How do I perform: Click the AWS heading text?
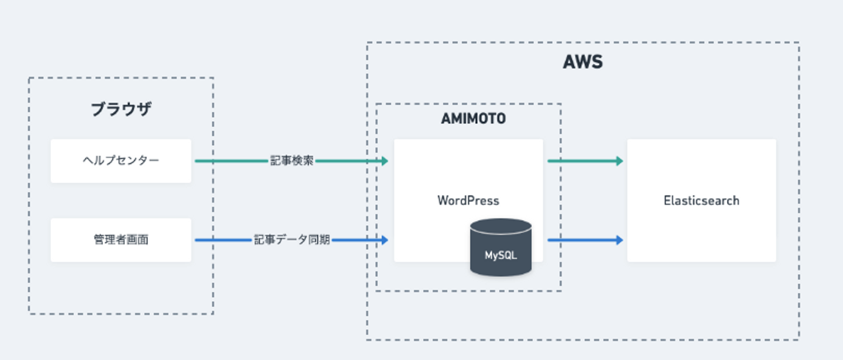pos(582,62)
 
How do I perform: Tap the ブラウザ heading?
pos(121,109)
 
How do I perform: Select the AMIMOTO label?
pos(473,119)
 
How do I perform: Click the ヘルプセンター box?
pos(121,160)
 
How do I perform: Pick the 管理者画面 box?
pos(121,239)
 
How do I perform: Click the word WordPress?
pos(468,201)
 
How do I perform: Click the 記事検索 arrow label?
pos(292,161)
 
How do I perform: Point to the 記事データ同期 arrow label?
pos(292,239)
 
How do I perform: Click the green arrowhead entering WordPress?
pos(385,161)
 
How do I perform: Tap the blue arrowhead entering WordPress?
pos(385,239)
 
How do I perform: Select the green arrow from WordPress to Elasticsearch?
pos(582,161)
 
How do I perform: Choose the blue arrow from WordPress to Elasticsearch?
pos(582,239)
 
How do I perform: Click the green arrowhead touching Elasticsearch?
pos(619,161)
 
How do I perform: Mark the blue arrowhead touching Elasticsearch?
pos(619,239)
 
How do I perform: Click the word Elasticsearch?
pos(701,201)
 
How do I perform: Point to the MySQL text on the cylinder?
pos(501,255)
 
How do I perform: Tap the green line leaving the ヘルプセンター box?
pos(228,161)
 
